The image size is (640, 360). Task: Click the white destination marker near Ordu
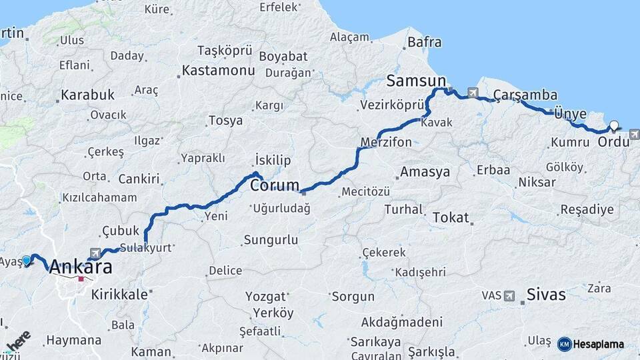coord(614,124)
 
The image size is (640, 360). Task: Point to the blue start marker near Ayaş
coord(27,260)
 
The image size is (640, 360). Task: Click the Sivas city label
coord(545,294)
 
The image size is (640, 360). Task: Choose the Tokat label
coord(451,217)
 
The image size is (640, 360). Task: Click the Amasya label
coord(425,172)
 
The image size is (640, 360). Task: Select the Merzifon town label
coord(386,142)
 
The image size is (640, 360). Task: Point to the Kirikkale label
coord(119,294)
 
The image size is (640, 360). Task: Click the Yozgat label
coord(265,295)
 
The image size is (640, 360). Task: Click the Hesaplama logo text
coord(598,344)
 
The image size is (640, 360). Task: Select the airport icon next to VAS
coord(509,295)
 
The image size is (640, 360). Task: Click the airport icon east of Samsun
coord(473,93)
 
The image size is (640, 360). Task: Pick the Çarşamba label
coord(525,95)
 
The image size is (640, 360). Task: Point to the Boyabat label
coord(283,56)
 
